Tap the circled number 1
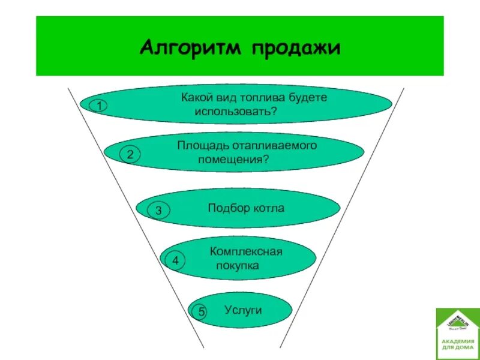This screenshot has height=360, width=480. (98, 106)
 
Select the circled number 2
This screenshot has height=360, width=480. (130, 154)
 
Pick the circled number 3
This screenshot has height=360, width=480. (158, 211)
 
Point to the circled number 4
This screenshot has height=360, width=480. (175, 261)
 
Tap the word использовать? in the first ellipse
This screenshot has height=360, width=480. (235, 112)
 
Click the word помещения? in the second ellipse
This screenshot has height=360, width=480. (233, 160)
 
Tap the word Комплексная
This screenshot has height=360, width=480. (246, 251)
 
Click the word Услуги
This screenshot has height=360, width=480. (244, 310)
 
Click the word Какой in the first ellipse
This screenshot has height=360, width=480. (195, 97)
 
